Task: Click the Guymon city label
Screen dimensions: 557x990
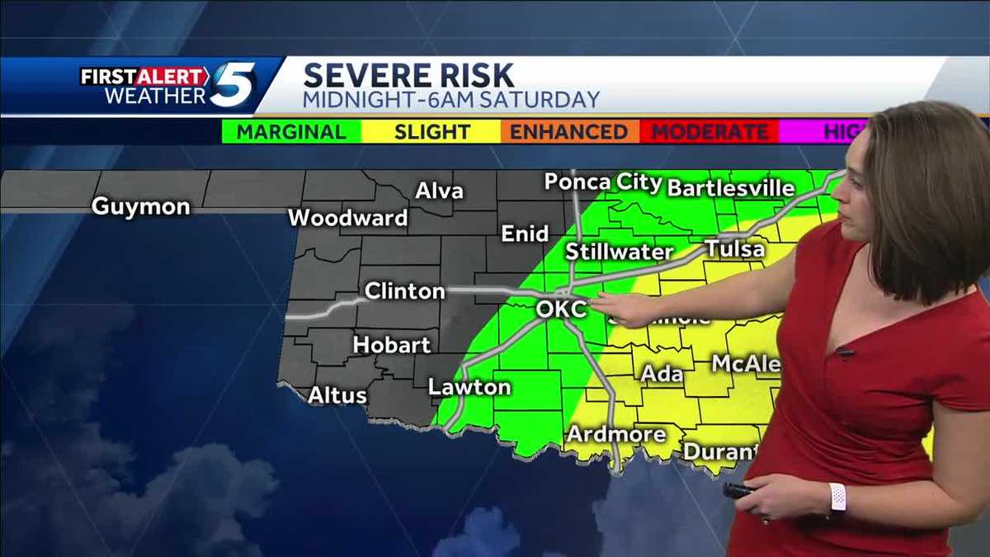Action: (141, 206)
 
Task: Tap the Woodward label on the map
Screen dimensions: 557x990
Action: (348, 218)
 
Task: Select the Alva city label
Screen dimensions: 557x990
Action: (439, 191)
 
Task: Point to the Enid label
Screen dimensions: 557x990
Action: (525, 234)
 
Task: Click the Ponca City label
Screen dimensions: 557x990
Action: (604, 182)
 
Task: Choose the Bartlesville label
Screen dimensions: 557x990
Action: (731, 188)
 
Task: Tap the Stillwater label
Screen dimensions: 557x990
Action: (619, 252)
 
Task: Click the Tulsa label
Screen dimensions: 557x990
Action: (734, 248)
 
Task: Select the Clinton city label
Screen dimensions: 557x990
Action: (405, 291)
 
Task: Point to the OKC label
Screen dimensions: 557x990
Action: (561, 309)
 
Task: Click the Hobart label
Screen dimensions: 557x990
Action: (392, 345)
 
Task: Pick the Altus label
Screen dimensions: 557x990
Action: (337, 396)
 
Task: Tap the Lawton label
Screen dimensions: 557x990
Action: (469, 387)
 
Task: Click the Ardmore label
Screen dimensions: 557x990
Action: (616, 434)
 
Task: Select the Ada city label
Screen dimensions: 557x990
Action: (662, 374)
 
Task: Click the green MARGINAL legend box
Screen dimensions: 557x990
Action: (292, 132)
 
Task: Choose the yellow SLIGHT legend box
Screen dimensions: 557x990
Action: (431, 132)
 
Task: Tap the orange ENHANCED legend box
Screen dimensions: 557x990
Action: (569, 132)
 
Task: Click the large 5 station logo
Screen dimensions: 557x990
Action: (233, 86)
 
